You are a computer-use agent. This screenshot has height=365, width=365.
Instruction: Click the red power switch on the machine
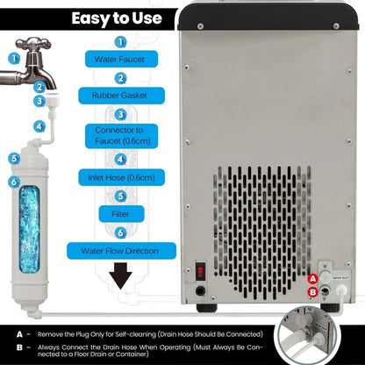pos(200,268)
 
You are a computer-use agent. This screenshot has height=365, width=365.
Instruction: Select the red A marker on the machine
pos(313,279)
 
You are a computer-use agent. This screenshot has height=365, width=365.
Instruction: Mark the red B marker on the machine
pos(313,293)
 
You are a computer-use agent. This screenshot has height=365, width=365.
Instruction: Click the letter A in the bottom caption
pos(18,333)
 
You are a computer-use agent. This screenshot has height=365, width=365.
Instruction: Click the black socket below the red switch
pos(201,290)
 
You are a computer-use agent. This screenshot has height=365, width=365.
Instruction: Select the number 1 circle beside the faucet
pos(13,59)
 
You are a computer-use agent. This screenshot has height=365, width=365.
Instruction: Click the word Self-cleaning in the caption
pos(140,333)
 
